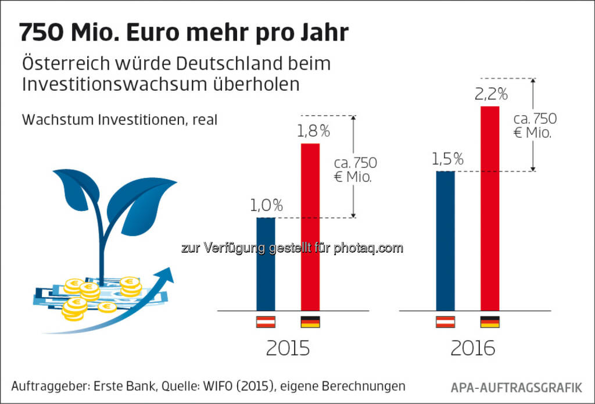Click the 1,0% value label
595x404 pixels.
pyautogui.click(x=266, y=205)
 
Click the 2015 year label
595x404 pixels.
pyautogui.click(x=288, y=348)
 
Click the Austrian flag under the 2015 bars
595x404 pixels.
pyautogui.click(x=266, y=322)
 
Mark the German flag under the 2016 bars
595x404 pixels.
pyautogui.click(x=490, y=322)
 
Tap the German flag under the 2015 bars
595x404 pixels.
pyautogui.click(x=310, y=322)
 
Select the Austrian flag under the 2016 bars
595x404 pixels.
pyautogui.click(x=445, y=322)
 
